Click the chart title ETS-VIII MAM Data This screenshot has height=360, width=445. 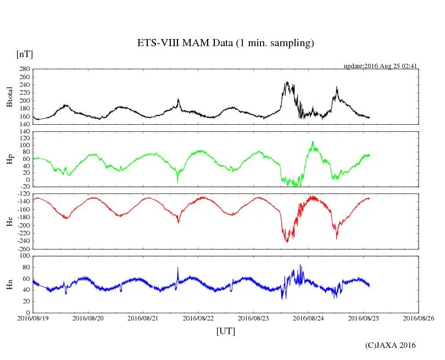coord(225,43)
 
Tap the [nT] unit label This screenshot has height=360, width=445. coord(24,54)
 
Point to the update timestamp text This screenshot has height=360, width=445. coord(381,66)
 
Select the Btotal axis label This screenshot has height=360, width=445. coord(9,97)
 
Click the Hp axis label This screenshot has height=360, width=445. coord(9,159)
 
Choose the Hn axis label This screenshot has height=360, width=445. coord(9,284)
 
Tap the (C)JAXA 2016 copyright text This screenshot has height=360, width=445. coord(390,345)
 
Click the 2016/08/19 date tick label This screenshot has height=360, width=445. coord(33,318)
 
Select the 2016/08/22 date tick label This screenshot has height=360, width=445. coord(198,318)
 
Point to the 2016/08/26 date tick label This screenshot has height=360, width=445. coord(419,318)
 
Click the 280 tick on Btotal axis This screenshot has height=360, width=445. coord(23,69)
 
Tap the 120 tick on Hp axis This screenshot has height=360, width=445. coord(23,132)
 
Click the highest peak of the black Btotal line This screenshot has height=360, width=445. coord(287,82)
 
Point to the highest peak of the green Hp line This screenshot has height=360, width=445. coord(313,142)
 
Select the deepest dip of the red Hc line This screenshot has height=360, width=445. coord(287,242)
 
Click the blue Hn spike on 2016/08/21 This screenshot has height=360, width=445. coord(178,268)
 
